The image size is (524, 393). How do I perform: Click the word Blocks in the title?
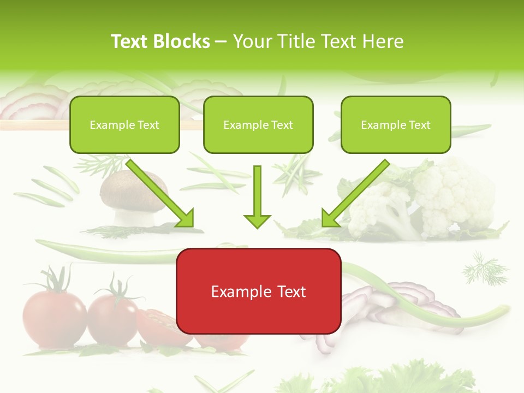coord(183,41)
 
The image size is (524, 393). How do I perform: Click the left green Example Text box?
coord(124,124)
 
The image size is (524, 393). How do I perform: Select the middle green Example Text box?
coord(258,124)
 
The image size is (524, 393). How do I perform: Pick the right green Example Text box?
coord(396,124)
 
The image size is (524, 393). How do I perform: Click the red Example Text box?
coord(258,291)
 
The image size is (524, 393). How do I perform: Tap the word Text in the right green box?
coord(419,125)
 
